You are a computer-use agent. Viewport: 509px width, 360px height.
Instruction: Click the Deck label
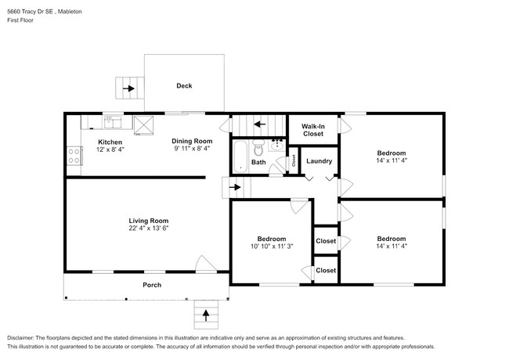point(184,86)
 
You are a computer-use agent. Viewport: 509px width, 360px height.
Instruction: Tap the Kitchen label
point(110,142)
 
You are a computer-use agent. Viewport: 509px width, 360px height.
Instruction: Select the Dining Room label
point(192,142)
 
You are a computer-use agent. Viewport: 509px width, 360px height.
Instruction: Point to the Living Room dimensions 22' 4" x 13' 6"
point(149,229)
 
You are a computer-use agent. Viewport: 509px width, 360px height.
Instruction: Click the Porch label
point(152,285)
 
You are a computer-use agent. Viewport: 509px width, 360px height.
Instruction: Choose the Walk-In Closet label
point(313,129)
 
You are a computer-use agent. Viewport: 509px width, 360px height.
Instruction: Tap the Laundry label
point(319,161)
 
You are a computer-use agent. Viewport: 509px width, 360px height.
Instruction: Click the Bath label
point(258,163)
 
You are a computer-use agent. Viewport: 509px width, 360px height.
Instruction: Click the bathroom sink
point(277,144)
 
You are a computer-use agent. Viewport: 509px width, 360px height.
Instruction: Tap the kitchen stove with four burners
point(75,155)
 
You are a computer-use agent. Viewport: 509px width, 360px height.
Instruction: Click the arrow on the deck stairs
point(128,88)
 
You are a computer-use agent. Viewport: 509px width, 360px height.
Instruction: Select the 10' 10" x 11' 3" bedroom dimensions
point(272,247)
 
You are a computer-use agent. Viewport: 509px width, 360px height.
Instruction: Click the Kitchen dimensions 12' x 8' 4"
point(110,149)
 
